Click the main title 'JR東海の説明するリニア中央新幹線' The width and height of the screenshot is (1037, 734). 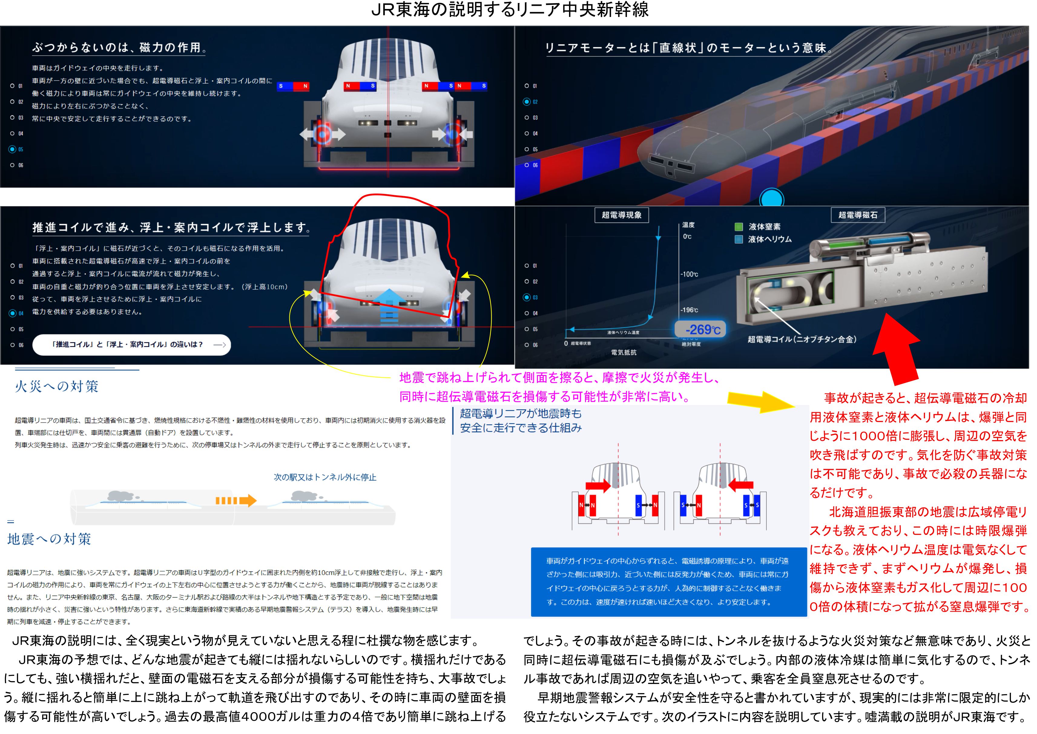[x=510, y=10]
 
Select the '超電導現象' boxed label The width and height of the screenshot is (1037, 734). [x=622, y=215]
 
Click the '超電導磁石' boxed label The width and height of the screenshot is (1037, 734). [x=858, y=215]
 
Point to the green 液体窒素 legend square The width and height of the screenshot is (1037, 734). [x=739, y=227]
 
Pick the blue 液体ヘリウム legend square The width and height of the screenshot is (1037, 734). [x=739, y=239]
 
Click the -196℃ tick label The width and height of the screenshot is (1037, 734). [x=690, y=310]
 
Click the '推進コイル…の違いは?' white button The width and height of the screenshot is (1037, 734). [x=131, y=345]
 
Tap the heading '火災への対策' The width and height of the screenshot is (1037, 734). [x=57, y=387]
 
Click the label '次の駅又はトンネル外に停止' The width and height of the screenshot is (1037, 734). [x=325, y=477]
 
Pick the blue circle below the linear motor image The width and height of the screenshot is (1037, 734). [x=772, y=198]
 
